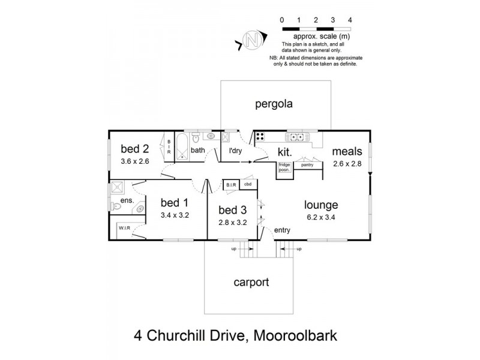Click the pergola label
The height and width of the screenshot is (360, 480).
click(274, 104)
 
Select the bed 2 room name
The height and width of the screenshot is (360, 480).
click(134, 149)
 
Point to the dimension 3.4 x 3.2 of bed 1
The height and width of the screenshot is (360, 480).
click(175, 215)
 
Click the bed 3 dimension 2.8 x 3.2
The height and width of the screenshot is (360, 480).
click(232, 221)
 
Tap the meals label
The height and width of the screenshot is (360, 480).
click(347, 152)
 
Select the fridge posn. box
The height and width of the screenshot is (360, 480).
click(284, 167)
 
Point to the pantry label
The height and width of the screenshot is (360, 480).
click(308, 164)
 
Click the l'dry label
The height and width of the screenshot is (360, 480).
click(231, 151)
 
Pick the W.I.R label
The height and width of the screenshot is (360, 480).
click(125, 228)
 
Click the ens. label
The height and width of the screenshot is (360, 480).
click(127, 200)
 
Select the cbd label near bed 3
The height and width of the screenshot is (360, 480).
click(248, 184)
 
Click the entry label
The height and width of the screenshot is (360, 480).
click(282, 230)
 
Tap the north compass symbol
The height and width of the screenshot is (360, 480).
click(253, 41)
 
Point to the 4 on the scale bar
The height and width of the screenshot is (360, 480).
click(350, 20)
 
